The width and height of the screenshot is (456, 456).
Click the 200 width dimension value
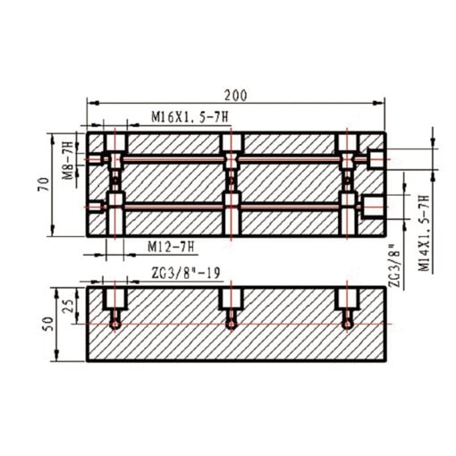click(236, 95)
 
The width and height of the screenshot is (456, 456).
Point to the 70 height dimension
click(41, 185)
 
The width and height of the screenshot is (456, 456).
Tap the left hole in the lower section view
click(114, 306)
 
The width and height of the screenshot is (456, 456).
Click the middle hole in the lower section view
click(231, 306)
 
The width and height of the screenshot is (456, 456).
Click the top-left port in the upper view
click(113, 147)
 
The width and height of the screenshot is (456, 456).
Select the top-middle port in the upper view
click(231, 147)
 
